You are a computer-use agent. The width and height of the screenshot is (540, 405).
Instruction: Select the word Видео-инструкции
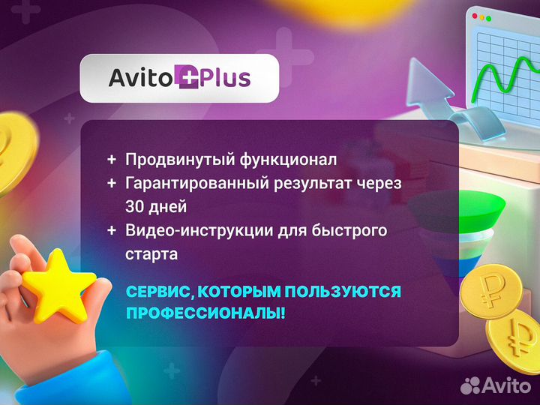tap(188, 230)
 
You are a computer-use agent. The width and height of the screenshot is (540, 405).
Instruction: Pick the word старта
tap(151, 254)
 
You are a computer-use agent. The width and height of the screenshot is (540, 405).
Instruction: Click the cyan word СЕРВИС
tap(158, 290)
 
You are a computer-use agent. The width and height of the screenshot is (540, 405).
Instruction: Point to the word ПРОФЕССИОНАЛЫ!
tap(205, 312)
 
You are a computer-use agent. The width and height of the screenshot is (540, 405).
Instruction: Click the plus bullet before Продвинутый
tap(112, 160)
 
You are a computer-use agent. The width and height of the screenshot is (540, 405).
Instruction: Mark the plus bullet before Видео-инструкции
tap(112, 230)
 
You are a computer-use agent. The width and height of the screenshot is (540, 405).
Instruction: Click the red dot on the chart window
tap(472, 16)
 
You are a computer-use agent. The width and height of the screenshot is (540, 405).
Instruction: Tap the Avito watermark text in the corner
tap(505, 384)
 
